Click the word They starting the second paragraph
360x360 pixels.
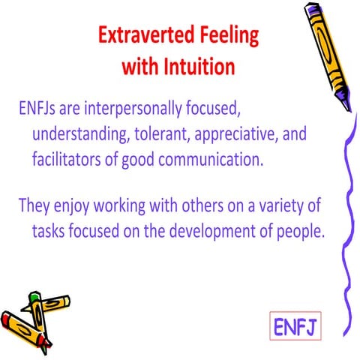coord(33,205)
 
